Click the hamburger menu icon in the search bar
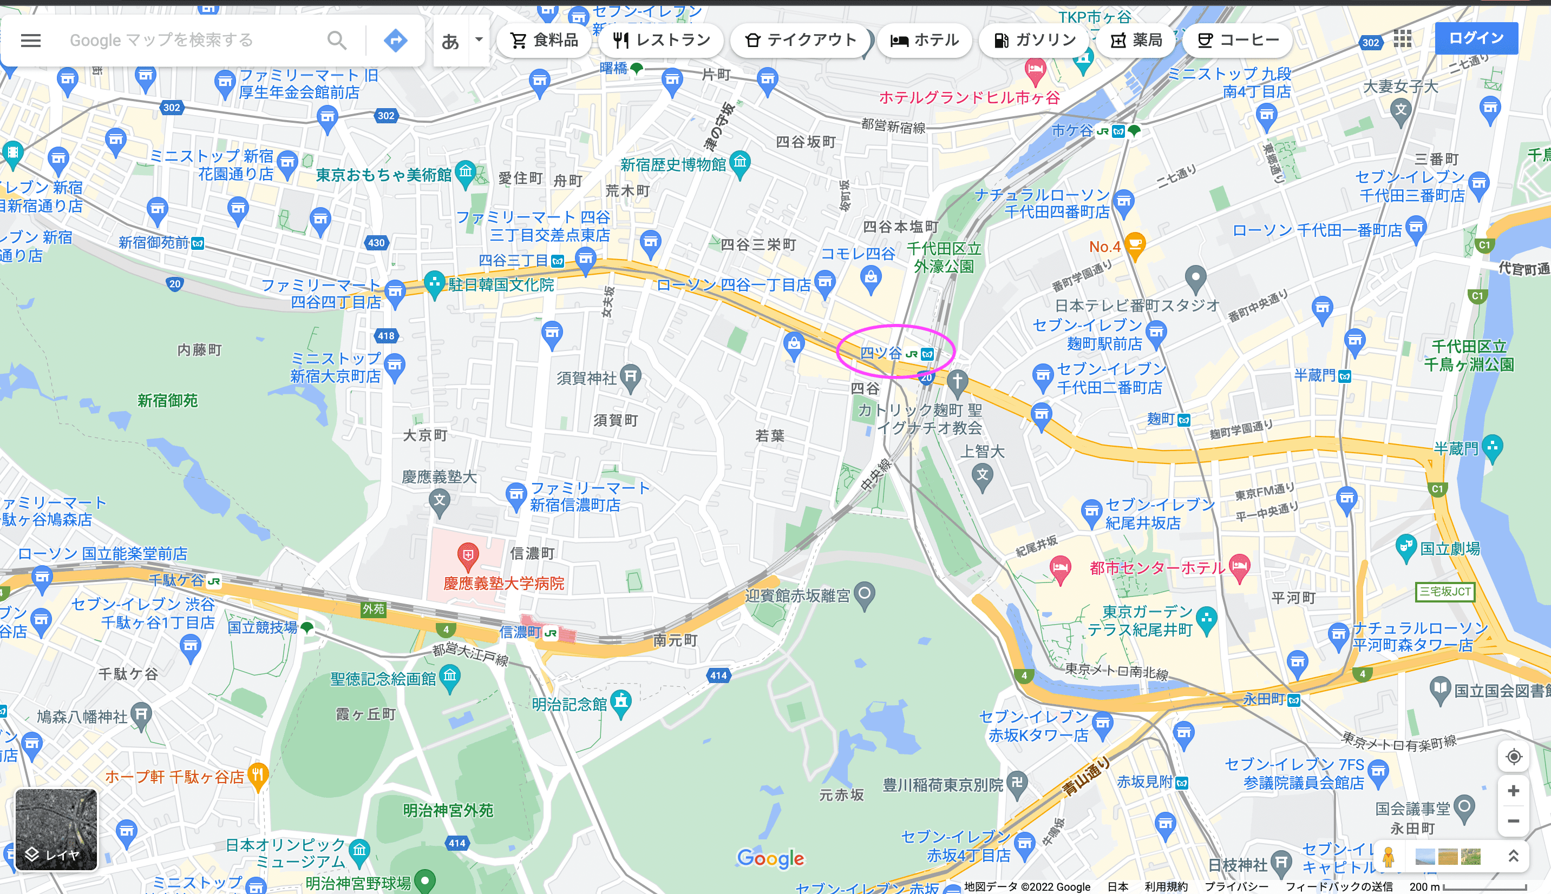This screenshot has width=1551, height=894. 31,41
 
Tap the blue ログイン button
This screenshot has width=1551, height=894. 1476,38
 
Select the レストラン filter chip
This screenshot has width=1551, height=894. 661,41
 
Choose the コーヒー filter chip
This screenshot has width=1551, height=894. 1238,41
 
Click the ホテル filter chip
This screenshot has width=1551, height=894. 924,41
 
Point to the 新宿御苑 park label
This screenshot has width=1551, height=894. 167,401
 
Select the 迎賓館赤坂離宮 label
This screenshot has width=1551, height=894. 797,595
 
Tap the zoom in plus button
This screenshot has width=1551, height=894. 1513,791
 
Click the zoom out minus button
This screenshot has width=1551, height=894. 1513,821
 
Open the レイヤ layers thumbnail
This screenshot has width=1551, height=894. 56,830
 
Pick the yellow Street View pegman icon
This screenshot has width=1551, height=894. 1388,857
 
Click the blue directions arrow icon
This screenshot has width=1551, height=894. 395,41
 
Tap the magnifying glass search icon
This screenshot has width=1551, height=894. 337,41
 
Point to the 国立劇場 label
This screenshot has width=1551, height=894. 1450,548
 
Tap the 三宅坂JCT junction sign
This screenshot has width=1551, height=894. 1445,591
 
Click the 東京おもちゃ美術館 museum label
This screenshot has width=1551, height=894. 383,175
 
